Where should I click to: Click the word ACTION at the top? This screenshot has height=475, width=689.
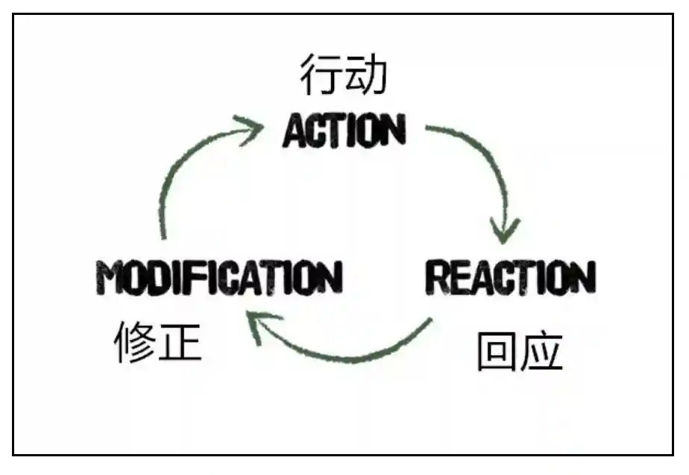tap(344, 131)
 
